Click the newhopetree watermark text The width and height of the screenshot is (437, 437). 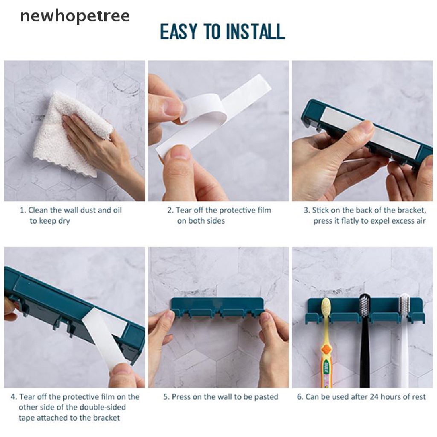coord(75,16)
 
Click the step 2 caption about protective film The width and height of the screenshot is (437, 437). coord(219,215)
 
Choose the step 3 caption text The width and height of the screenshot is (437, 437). coord(365,215)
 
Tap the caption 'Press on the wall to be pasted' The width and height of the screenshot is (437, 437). coord(221,397)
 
